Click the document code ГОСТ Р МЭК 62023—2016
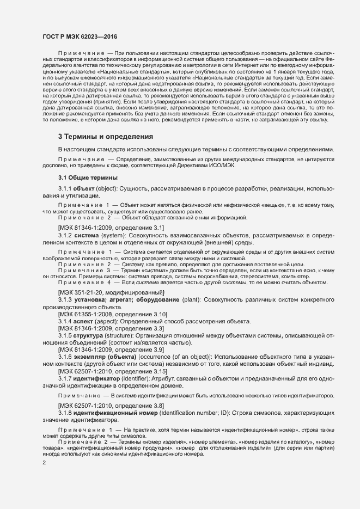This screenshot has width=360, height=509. coord(80,36)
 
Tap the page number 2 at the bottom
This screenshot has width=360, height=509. coord(44,463)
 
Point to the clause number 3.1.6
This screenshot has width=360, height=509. coord(65,357)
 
